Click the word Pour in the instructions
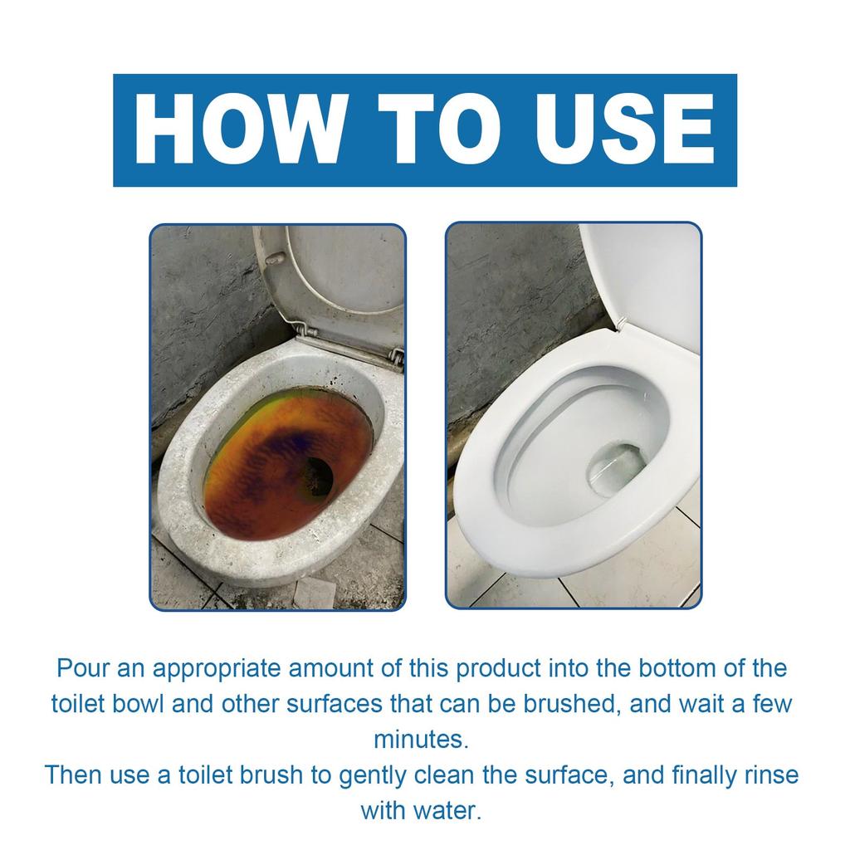click(82, 668)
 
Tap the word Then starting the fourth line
click(76, 774)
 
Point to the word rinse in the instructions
click(769, 774)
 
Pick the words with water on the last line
click(420, 809)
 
